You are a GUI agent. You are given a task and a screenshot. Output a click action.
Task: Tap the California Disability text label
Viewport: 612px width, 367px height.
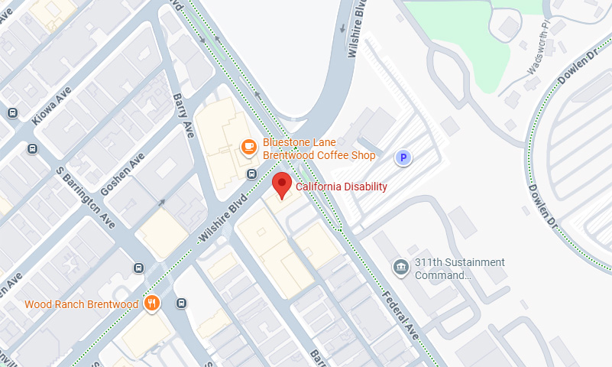click(341, 187)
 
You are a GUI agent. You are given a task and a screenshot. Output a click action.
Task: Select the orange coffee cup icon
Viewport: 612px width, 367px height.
click(248, 146)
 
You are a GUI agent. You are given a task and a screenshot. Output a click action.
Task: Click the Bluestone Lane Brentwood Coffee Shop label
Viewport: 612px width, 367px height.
click(319, 149)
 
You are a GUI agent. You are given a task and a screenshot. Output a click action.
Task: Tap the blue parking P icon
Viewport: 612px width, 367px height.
click(402, 158)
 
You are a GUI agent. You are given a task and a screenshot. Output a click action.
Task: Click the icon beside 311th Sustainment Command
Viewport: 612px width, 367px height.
click(400, 267)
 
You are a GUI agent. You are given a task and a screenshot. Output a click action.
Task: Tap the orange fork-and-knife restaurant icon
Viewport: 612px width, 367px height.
click(152, 304)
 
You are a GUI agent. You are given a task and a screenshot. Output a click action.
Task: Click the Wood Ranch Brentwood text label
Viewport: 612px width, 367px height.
click(82, 304)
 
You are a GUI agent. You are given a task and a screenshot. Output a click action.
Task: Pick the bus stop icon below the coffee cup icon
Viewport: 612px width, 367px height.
click(251, 174)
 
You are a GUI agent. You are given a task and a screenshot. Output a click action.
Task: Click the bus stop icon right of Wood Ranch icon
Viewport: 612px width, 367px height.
click(181, 303)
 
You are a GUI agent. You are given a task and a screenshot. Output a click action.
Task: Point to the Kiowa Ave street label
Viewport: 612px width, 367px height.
click(51, 109)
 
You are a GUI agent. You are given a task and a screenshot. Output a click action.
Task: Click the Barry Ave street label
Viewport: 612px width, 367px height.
click(183, 115)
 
